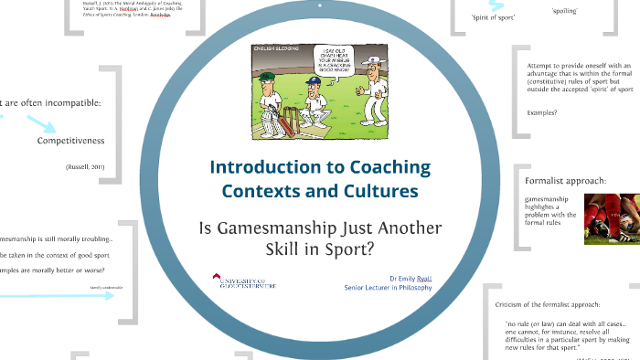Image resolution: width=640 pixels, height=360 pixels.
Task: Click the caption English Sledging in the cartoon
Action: [x=274, y=46]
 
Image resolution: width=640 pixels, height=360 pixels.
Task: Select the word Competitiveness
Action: [x=71, y=141]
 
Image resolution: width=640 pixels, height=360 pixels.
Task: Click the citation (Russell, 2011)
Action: [x=86, y=168]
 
